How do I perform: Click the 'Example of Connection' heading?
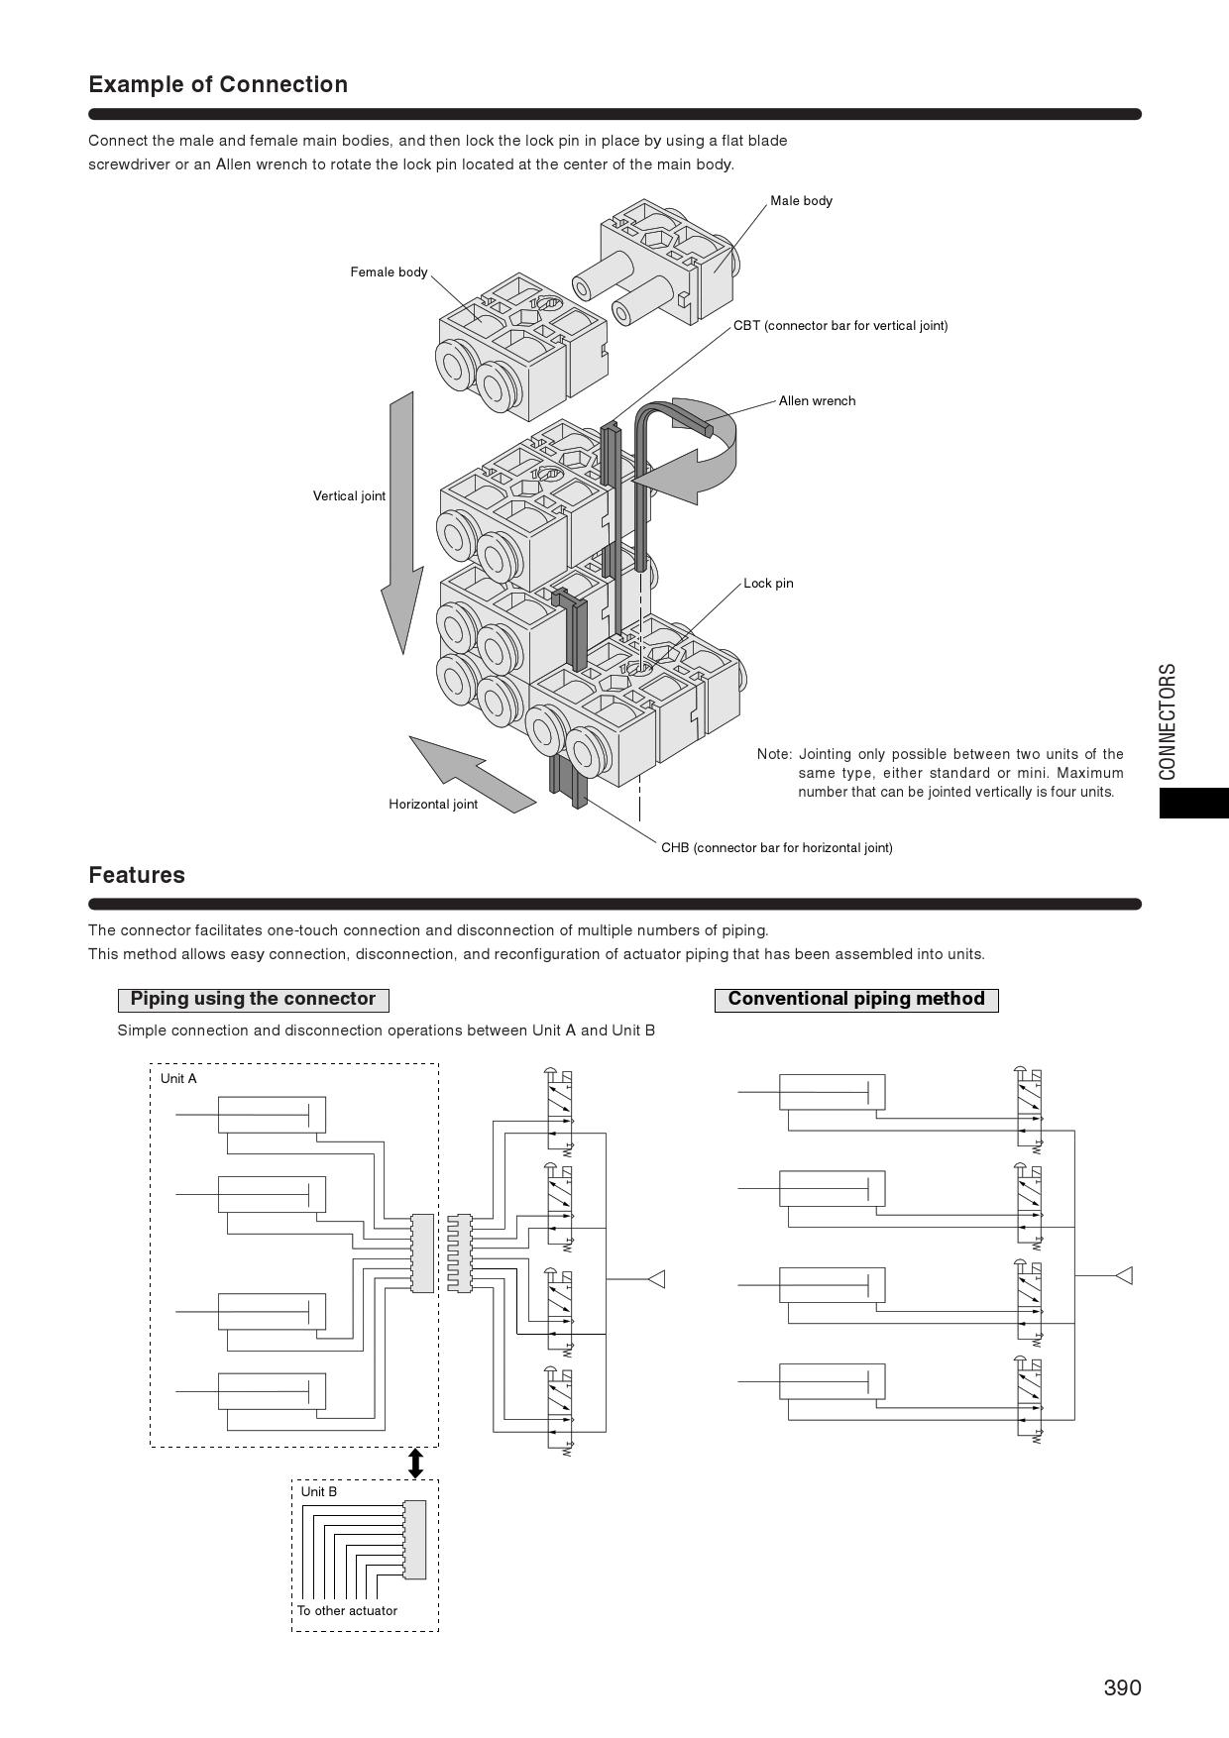point(218,84)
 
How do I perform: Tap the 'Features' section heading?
point(137,875)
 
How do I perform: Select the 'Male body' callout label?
point(801,201)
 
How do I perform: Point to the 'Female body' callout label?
point(389,272)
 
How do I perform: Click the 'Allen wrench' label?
point(817,401)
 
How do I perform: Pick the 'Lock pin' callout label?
point(768,584)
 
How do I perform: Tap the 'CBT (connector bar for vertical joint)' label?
point(840,326)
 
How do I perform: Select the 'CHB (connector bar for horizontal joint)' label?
point(776,848)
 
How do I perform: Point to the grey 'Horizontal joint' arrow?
point(471,773)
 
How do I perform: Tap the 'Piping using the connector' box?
point(253,1000)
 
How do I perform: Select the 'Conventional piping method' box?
point(856,1000)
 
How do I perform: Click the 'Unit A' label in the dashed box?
point(178,1079)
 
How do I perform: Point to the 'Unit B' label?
point(319,1492)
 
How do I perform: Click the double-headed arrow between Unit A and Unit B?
point(416,1464)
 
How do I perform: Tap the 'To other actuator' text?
point(347,1611)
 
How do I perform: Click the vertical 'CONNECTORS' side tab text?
point(1168,721)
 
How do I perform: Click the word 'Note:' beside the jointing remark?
point(774,755)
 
